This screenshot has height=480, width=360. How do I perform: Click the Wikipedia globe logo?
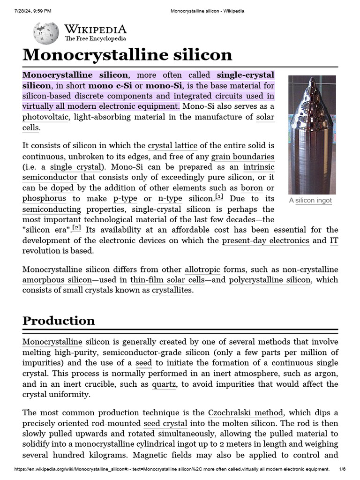pyautogui.click(x=45, y=33)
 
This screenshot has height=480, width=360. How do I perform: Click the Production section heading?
pyautogui.click(x=59, y=321)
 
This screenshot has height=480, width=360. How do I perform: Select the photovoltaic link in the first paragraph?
pyautogui.click(x=45, y=117)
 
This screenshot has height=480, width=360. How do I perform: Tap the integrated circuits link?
pyautogui.click(x=208, y=96)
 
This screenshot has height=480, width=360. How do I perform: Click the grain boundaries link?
pyautogui.click(x=243, y=157)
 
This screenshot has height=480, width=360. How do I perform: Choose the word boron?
pyautogui.click(x=252, y=188)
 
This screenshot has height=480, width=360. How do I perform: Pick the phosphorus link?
pyautogui.click(x=44, y=199)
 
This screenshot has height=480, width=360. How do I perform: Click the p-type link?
pyautogui.click(x=125, y=199)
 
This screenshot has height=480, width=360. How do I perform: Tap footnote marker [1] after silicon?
pyautogui.click(x=219, y=196)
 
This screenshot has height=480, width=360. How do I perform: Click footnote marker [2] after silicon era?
pyautogui.click(x=77, y=228)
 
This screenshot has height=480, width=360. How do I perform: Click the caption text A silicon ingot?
pyautogui.click(x=310, y=201)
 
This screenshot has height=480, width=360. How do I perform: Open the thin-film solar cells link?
pyautogui.click(x=168, y=280)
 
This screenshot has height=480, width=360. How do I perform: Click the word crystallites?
pyautogui.click(x=172, y=290)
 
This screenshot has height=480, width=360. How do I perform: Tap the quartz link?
pyautogui.click(x=164, y=384)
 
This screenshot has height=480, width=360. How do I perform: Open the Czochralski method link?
pyautogui.click(x=245, y=413)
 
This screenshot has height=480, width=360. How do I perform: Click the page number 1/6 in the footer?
pyautogui.click(x=342, y=469)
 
